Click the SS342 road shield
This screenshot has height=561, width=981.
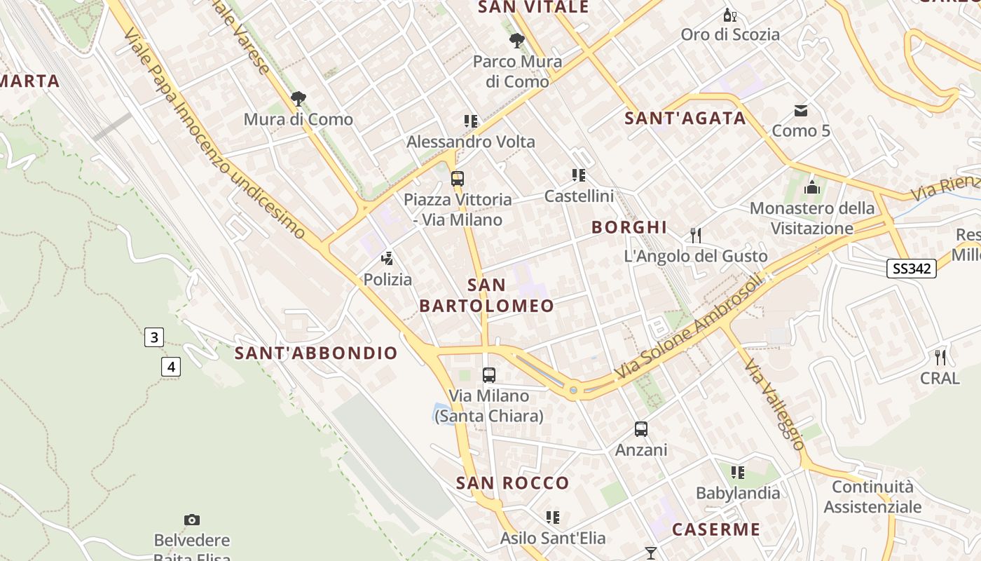912,268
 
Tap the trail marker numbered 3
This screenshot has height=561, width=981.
153,337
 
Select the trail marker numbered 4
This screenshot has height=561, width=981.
170,366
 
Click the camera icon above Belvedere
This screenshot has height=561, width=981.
192,520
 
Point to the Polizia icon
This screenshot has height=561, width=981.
387,258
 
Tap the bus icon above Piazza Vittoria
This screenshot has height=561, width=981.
458,178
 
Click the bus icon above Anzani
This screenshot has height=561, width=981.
641,428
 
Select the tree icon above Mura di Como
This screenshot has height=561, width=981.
299,98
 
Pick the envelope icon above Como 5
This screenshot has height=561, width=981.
801,110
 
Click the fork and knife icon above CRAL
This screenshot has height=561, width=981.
940,357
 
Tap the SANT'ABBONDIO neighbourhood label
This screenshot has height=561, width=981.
316,353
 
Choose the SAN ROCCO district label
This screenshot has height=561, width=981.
512,483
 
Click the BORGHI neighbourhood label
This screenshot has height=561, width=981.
629,227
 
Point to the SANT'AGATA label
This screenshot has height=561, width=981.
685,119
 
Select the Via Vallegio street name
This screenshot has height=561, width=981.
775,405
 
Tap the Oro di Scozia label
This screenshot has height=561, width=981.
730,34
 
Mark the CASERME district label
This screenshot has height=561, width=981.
716,529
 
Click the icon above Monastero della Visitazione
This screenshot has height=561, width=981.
812,187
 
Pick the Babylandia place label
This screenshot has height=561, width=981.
738,493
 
